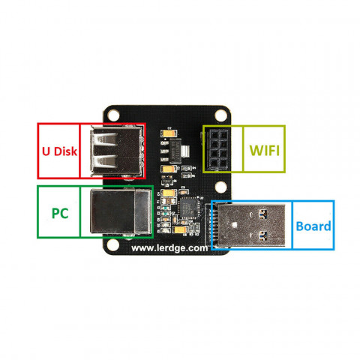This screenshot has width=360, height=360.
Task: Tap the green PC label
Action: [58, 212]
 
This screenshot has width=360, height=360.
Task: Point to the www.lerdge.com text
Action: [169, 248]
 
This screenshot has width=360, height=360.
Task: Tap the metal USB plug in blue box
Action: [251, 226]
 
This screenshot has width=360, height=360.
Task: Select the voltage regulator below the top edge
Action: [172, 152]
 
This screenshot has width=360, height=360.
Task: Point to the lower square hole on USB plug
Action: [264, 237]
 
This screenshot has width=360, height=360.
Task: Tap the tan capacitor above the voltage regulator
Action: [166, 133]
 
